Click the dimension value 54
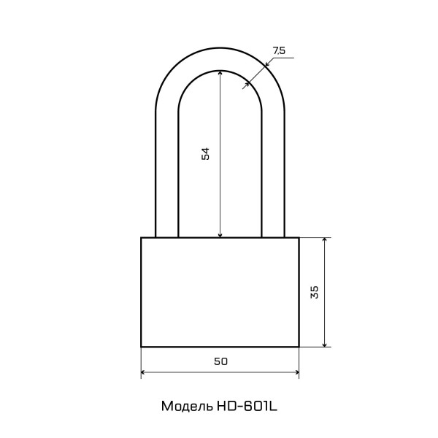[206, 153]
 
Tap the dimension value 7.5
[279, 50]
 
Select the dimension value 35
[314, 292]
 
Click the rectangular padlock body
[220, 292]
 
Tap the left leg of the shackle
[166, 175]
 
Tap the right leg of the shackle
[273, 175]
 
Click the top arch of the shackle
[220, 59]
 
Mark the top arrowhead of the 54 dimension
[220, 73]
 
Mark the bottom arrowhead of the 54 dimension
[220, 234]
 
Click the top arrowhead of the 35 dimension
[325, 240]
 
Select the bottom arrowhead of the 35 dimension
[325, 344]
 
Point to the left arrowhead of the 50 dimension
[144, 372]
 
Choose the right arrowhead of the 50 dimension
[296, 372]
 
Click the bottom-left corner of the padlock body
[141, 347]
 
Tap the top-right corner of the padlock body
[299, 237]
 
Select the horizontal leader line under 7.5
[282, 58]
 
